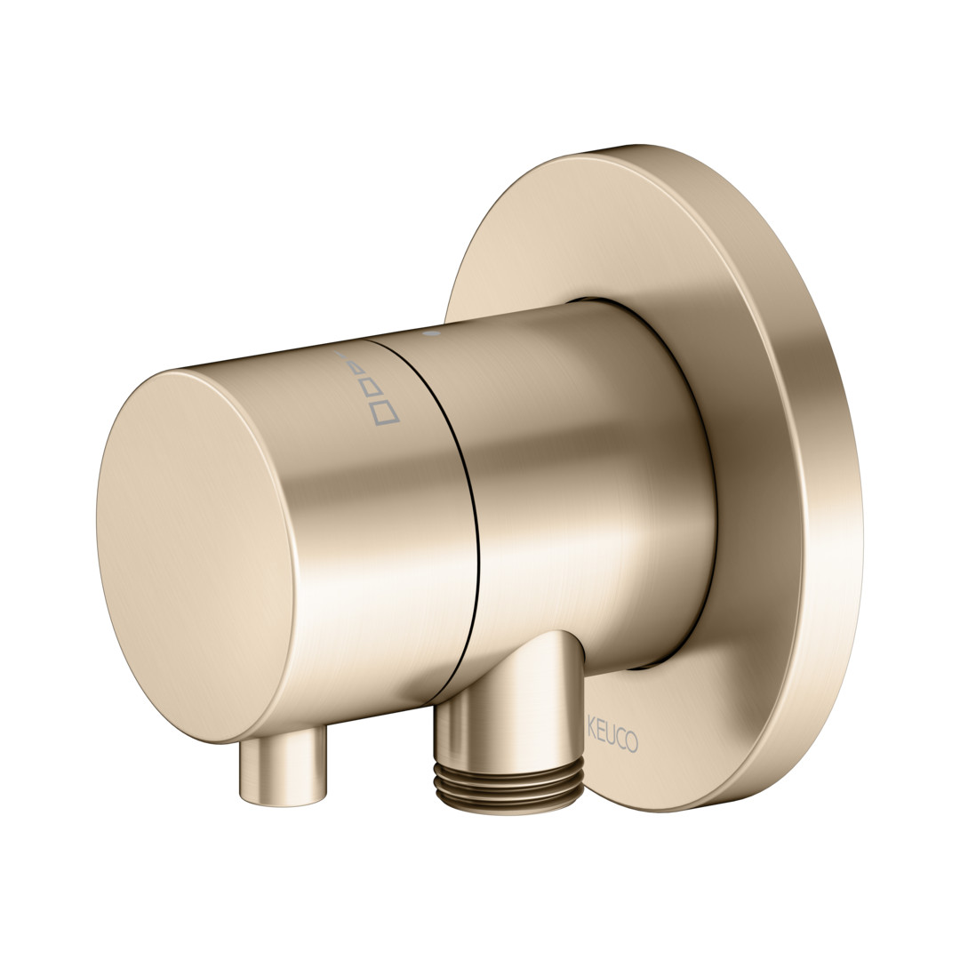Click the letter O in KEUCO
632,740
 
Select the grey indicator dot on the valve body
434,334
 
